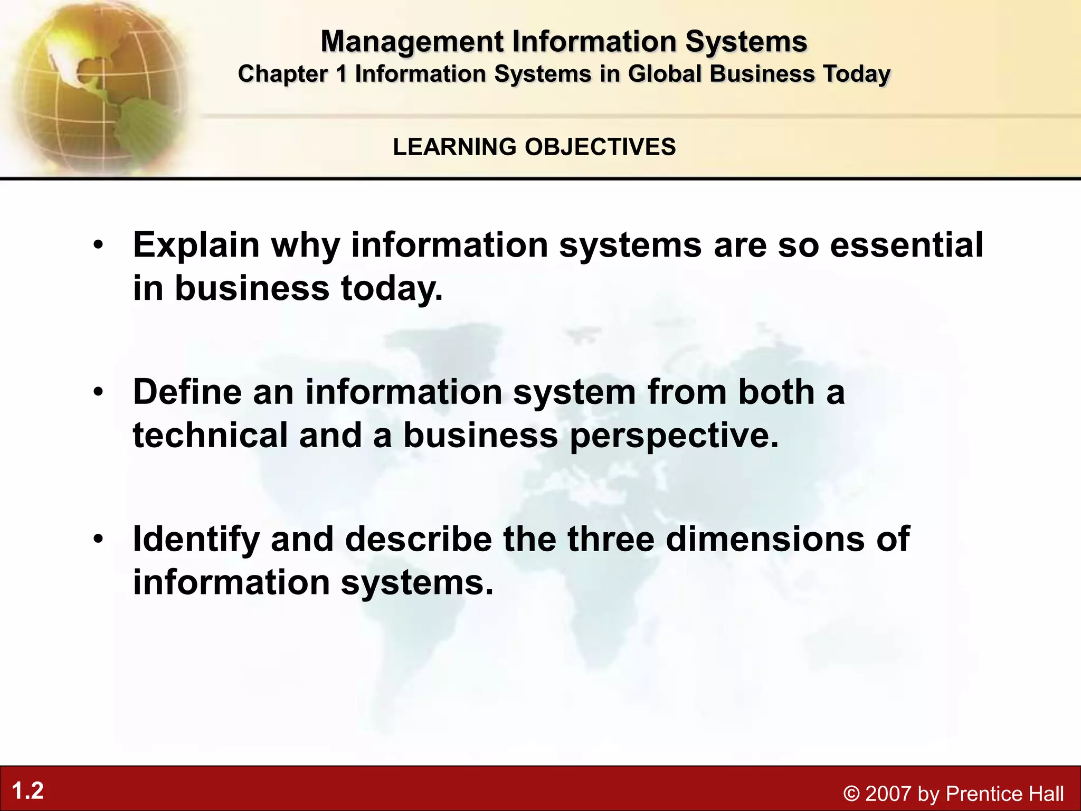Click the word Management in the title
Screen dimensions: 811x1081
(x=411, y=42)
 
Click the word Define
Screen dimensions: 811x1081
(x=187, y=392)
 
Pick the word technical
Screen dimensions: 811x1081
(x=210, y=436)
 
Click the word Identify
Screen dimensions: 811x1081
(x=196, y=540)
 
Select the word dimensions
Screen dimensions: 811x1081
(x=765, y=539)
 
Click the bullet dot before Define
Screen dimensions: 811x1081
(x=98, y=392)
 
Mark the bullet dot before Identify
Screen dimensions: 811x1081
(x=98, y=539)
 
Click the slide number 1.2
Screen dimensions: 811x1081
(x=27, y=791)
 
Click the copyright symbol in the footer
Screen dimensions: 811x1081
(x=851, y=794)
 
